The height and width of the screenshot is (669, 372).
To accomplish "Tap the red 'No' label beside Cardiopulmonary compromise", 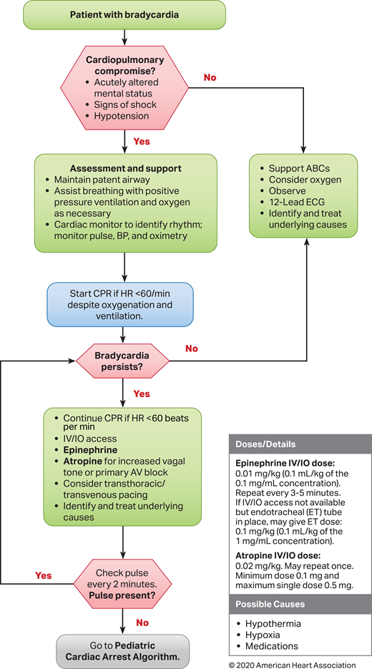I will [210, 77].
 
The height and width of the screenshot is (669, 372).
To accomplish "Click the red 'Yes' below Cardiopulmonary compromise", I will [141, 142].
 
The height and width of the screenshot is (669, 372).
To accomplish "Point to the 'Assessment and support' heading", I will [125, 169].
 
